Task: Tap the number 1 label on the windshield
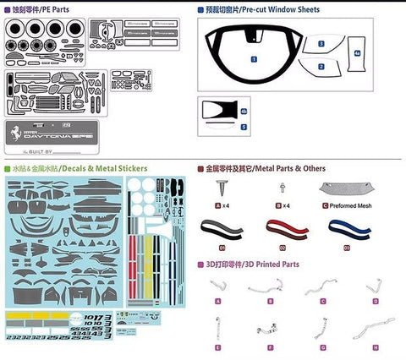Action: click(x=254, y=59)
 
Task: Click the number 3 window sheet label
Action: click(x=321, y=43)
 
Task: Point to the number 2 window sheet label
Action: click(x=321, y=66)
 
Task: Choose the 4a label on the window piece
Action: click(x=358, y=53)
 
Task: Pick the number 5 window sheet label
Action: click(x=244, y=127)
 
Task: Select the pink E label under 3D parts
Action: click(x=218, y=346)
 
